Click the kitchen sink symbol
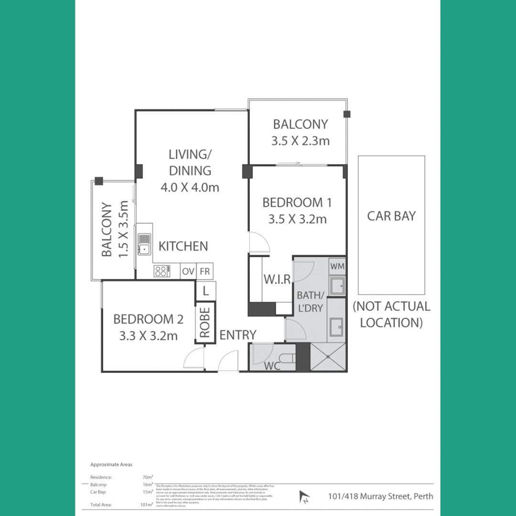(144, 244)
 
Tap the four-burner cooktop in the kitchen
(161, 271)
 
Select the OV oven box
(188, 271)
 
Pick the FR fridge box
(205, 271)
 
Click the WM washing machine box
(337, 266)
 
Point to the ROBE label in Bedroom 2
(205, 323)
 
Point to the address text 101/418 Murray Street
(380, 496)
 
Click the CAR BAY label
(391, 216)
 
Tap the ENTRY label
(237, 335)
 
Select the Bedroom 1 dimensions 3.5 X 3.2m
(297, 219)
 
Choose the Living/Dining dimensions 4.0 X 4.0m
(190, 187)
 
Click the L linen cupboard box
(205, 290)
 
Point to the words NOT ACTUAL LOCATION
(391, 314)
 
